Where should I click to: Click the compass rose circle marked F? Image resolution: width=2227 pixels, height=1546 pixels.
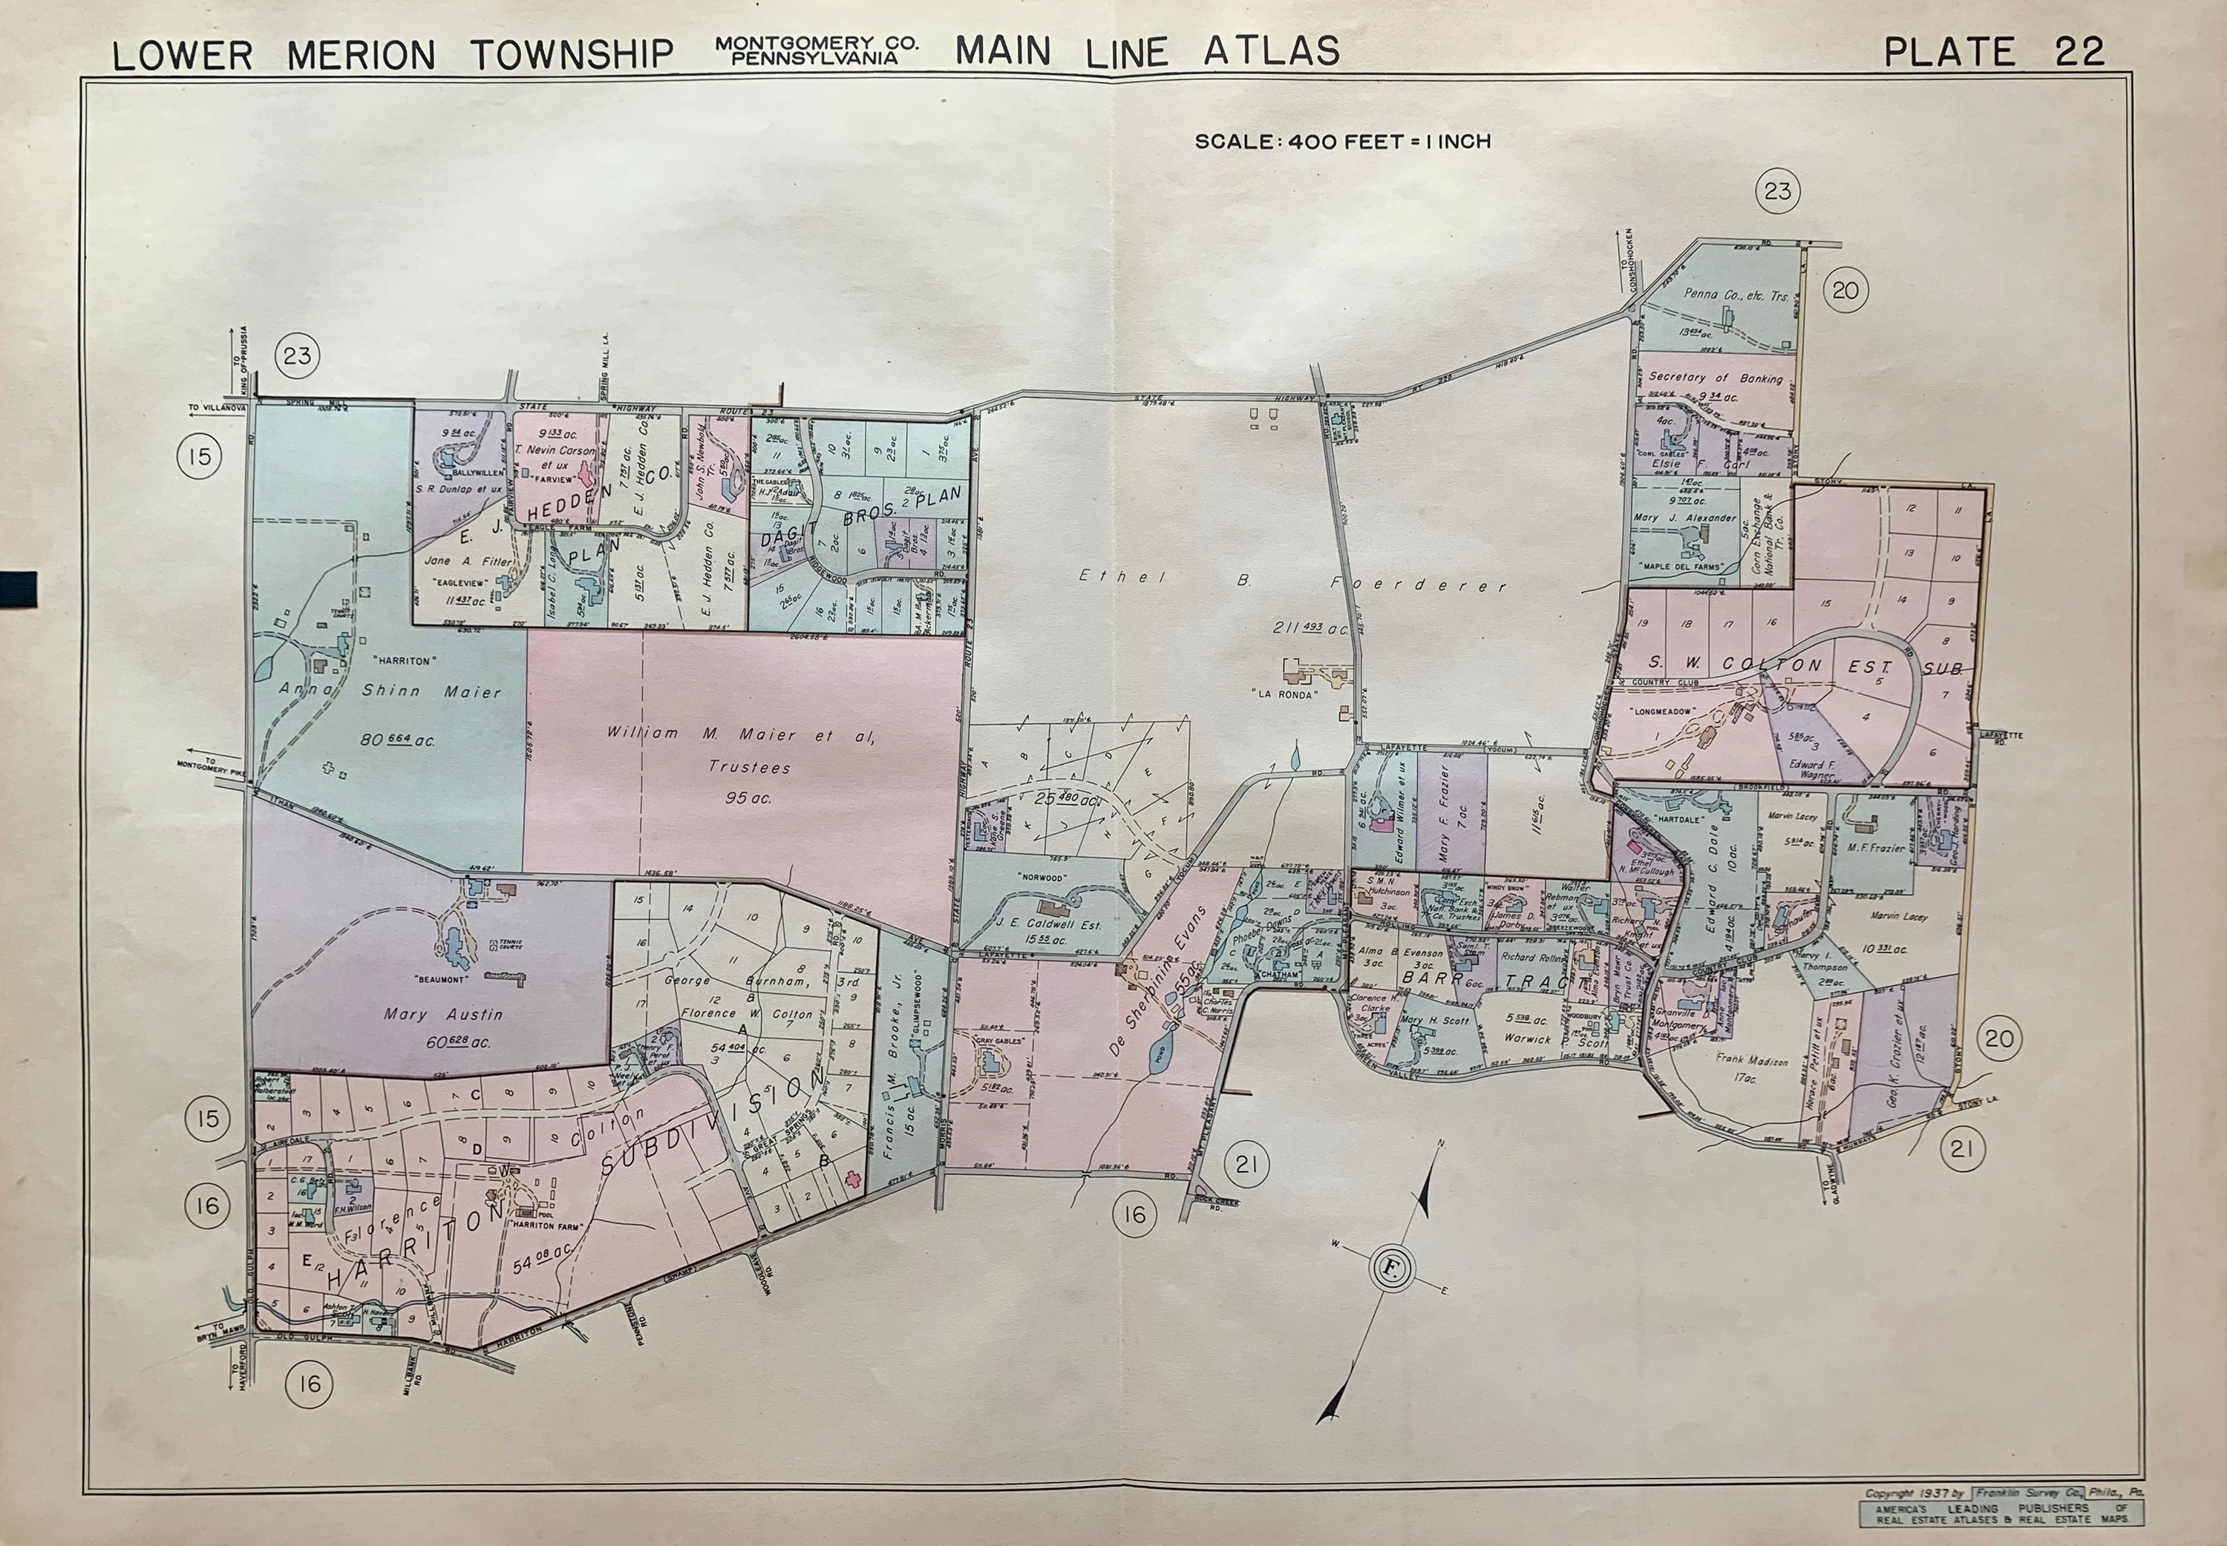click(1390, 1268)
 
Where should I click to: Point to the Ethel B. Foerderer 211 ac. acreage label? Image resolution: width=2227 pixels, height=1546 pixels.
click(1311, 628)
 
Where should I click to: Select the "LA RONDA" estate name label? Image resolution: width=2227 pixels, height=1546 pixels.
click(1286, 694)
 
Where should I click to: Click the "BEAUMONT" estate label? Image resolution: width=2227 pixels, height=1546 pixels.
click(442, 979)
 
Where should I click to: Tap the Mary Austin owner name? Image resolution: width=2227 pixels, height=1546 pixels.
click(443, 1014)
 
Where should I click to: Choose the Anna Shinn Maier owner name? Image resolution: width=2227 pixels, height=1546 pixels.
click(390, 691)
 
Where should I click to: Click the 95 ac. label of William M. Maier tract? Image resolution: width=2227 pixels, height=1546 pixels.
click(748, 798)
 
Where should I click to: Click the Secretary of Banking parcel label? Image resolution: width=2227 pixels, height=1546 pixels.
click(1716, 378)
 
